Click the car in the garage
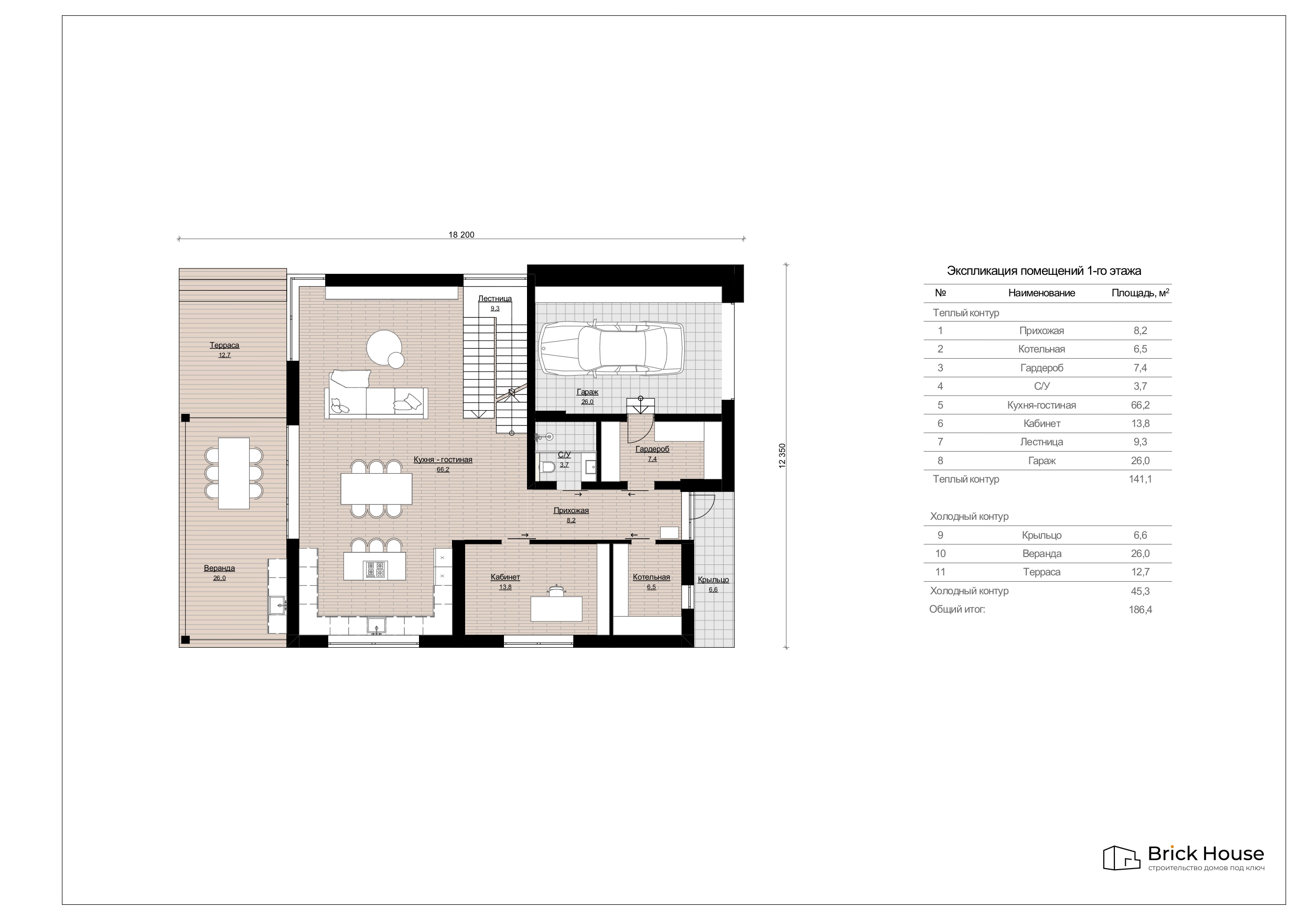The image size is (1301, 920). [611, 348]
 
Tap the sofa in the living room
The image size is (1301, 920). [375, 394]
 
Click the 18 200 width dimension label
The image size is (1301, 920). [461, 234]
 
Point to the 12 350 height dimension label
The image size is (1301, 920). [782, 456]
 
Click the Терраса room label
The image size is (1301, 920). [224, 345]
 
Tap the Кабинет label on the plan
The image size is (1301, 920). [506, 577]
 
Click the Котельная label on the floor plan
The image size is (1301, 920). [652, 577]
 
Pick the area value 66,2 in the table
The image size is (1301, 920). [1140, 405]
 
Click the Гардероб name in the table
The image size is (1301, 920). [1041, 368]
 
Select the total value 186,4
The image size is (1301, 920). [1140, 609]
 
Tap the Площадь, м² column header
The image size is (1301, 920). [1140, 293]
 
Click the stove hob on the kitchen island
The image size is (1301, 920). [375, 570]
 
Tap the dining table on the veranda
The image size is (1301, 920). [234, 473]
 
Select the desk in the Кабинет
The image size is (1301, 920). [556, 608]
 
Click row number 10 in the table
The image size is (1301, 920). [941, 554]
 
